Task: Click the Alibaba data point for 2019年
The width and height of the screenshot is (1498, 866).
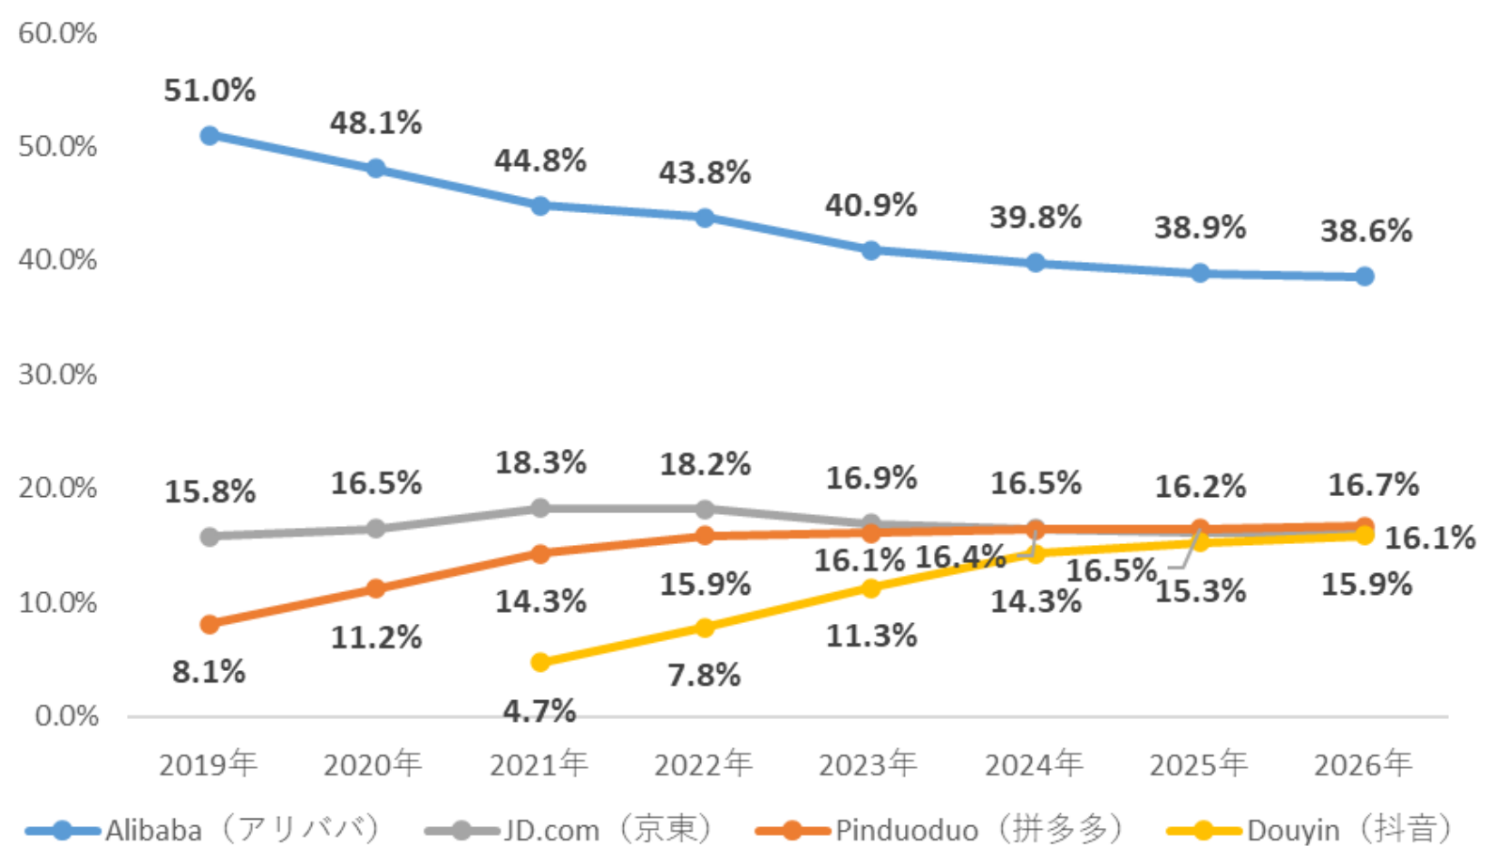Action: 209,136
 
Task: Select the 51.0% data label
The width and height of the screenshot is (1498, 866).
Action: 209,91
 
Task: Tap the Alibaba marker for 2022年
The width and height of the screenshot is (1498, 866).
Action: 705,218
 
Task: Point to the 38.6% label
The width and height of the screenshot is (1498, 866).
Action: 1366,231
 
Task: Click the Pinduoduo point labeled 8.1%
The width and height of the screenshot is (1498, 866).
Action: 209,624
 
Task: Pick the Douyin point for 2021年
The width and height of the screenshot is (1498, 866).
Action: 540,662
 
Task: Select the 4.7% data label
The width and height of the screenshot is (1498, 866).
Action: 540,711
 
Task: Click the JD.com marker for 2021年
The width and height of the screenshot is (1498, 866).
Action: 540,508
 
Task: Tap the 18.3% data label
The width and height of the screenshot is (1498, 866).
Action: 540,462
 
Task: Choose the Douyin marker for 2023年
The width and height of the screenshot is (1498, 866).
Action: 871,588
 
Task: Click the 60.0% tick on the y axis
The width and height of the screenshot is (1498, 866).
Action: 57,34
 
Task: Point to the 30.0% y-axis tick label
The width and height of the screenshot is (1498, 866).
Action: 57,375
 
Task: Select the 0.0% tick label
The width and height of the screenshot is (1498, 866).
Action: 66,716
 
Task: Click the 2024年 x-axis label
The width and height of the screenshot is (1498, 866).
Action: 1035,764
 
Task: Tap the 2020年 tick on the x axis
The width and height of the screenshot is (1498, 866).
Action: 374,764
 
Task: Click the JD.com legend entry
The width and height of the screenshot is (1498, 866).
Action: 571,830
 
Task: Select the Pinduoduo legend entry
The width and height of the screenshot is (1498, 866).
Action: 939,830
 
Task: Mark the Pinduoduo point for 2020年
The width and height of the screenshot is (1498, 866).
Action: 374,589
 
